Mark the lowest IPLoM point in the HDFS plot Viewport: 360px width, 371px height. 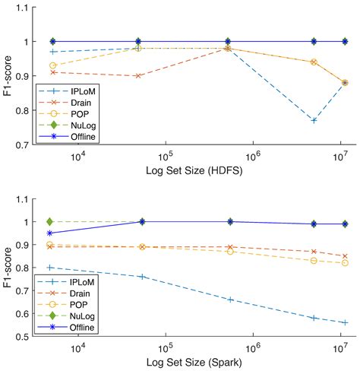[x=314, y=120]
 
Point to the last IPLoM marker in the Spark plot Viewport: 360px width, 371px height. [x=345, y=322]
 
